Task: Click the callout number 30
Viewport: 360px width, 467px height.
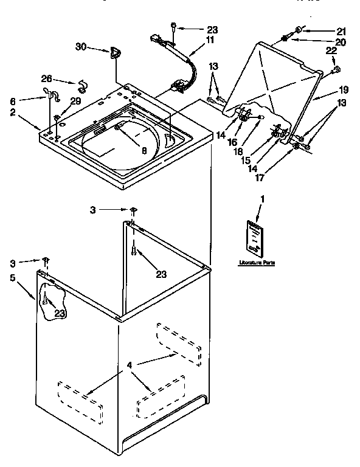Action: click(x=81, y=47)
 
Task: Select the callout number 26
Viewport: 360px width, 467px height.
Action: click(x=46, y=78)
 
